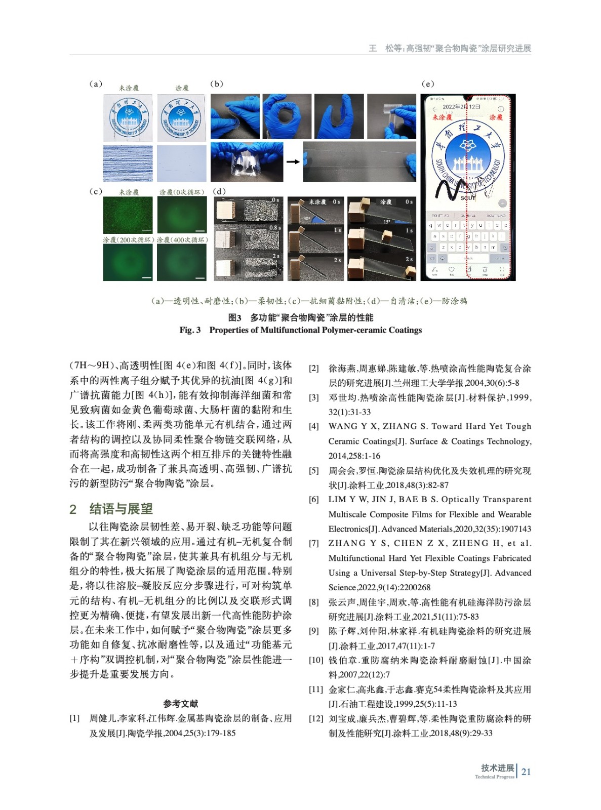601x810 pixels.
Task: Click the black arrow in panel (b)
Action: (x=293, y=162)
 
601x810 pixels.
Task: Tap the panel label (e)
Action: (x=428, y=84)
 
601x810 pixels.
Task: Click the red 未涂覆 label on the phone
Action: (x=442, y=117)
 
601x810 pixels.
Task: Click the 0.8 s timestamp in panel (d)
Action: (x=275, y=228)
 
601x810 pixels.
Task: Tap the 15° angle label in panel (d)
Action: (x=387, y=221)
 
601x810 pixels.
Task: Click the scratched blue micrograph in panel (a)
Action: (x=128, y=164)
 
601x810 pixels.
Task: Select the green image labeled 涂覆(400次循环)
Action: (x=182, y=262)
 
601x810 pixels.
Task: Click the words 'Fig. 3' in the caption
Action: (x=190, y=330)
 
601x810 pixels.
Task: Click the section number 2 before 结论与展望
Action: (x=73, y=509)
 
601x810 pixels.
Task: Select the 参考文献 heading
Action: (x=181, y=704)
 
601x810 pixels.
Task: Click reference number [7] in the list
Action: (x=314, y=544)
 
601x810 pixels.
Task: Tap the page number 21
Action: (x=526, y=772)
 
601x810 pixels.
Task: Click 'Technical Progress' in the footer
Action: (x=494, y=777)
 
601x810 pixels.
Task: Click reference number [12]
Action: (x=316, y=719)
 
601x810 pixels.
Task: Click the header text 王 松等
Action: (x=384, y=49)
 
